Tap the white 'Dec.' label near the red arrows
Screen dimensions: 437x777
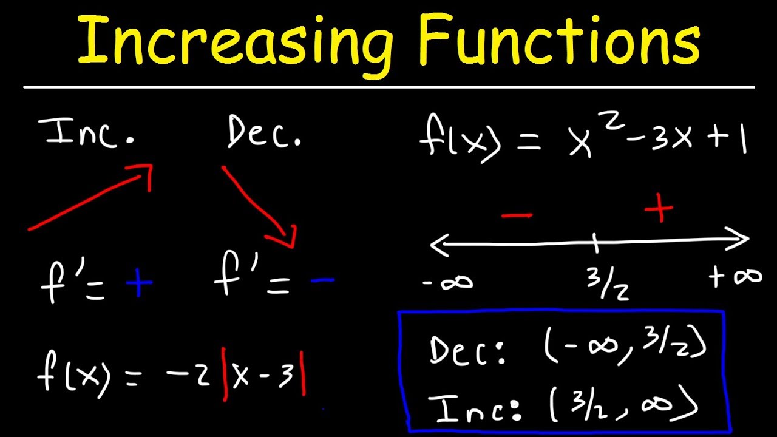tap(264, 134)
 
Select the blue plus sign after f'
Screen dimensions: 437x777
tap(138, 283)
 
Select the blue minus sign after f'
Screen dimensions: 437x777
tap(322, 280)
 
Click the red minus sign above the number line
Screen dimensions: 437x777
tap(517, 215)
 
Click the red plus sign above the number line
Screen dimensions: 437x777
tap(659, 209)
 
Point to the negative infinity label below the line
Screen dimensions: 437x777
tap(448, 282)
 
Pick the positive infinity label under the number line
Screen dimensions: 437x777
tap(735, 277)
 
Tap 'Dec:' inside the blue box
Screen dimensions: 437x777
tap(467, 351)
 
